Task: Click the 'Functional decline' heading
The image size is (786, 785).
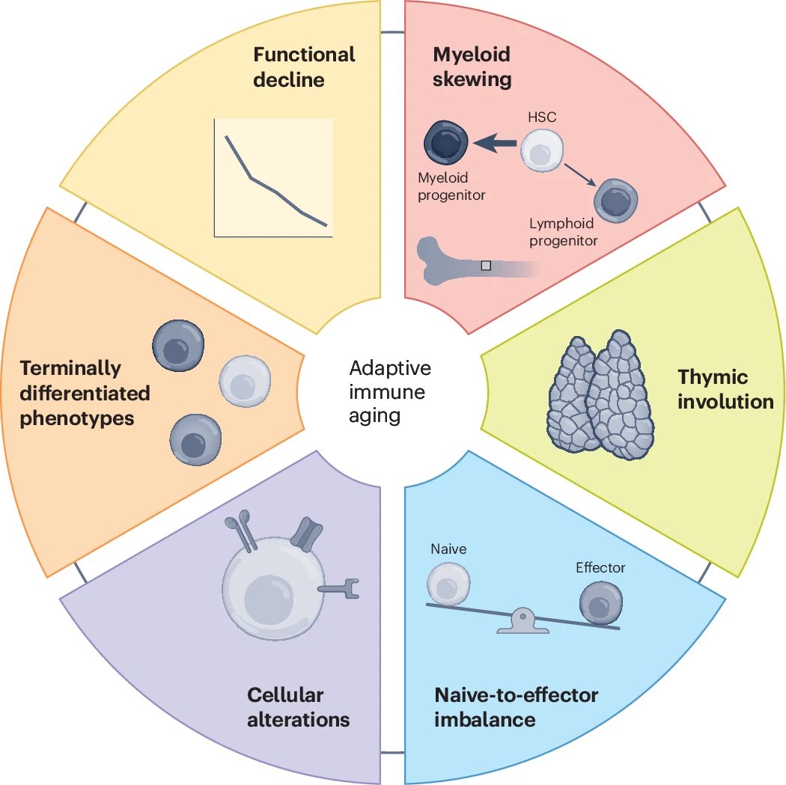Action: [x=304, y=67]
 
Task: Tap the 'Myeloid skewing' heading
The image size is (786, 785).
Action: [x=472, y=67]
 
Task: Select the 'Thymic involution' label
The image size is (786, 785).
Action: [x=725, y=389]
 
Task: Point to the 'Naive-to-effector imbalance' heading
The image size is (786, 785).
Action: [x=516, y=707]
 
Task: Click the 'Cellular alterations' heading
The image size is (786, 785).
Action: [x=298, y=707]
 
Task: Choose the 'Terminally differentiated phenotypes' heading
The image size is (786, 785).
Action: [x=85, y=393]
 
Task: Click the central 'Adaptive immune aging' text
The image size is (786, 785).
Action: [x=390, y=392]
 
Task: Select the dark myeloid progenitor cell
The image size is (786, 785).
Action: [x=446, y=142]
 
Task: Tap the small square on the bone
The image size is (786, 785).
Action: [x=486, y=265]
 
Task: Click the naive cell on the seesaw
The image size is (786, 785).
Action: [x=449, y=582]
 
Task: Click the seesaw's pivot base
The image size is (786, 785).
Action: [x=523, y=624]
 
